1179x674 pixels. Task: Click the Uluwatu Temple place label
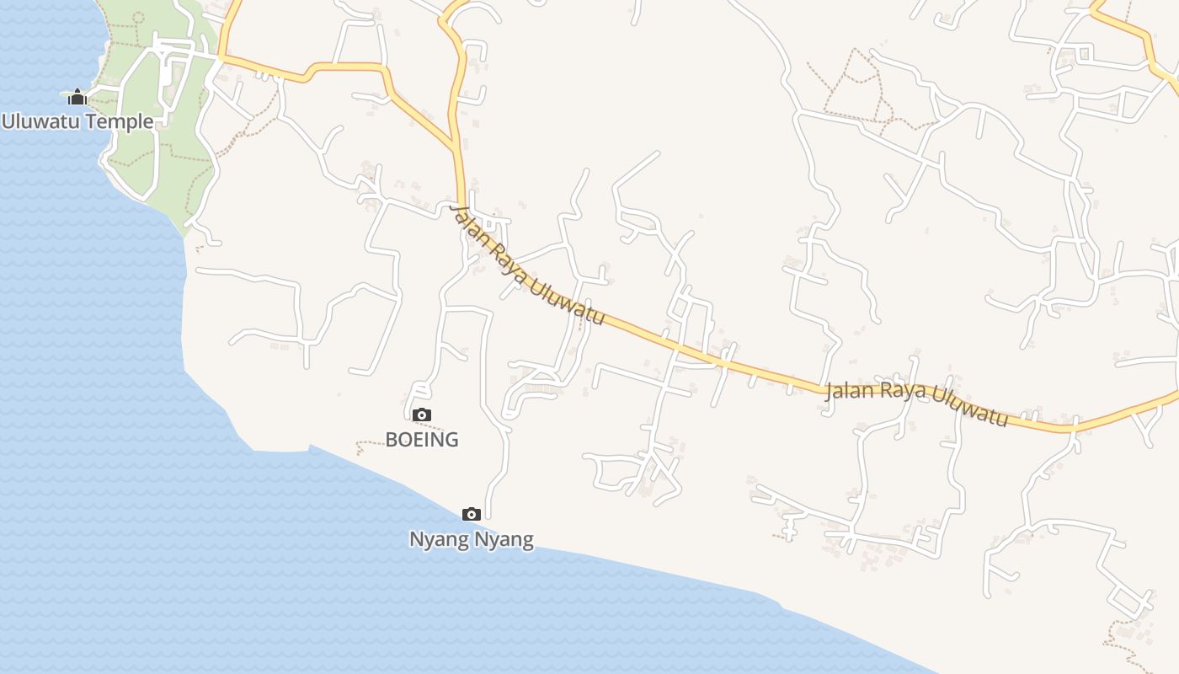point(77,121)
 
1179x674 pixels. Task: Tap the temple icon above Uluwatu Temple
point(77,98)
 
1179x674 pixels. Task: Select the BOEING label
point(422,439)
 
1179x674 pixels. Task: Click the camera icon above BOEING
point(422,415)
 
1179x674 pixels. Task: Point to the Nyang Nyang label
point(472,539)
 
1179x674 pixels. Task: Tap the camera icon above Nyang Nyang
point(472,514)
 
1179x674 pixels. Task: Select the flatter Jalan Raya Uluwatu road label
point(916,403)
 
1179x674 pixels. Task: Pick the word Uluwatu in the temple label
point(39,121)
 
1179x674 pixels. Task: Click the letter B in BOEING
point(392,439)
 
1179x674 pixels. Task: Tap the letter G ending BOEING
point(451,439)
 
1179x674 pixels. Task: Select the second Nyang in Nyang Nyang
point(508,539)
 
